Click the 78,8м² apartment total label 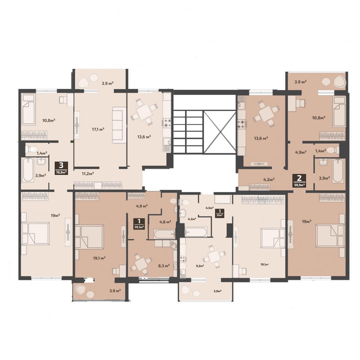(61, 168)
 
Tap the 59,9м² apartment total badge (299, 181)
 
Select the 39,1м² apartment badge (139, 224)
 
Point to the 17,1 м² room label (98, 129)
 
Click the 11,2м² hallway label (88, 173)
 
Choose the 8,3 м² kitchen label (164, 266)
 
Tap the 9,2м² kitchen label (200, 266)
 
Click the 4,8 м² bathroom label (165, 222)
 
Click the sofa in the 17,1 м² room (119, 125)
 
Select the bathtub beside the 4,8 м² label (165, 234)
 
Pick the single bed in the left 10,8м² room (28, 109)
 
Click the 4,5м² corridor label (209, 208)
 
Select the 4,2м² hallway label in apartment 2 (269, 179)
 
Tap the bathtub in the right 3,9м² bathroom (338, 171)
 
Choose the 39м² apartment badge (220, 213)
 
